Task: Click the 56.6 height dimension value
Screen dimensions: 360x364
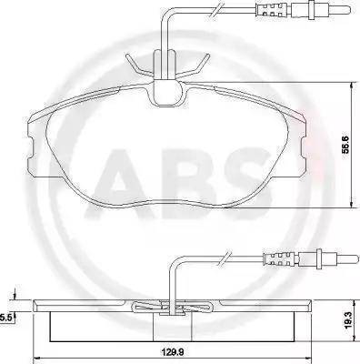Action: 346,145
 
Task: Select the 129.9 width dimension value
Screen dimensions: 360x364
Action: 174,352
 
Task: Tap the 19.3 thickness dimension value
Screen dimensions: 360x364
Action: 349,320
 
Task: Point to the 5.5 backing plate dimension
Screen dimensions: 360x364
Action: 6,318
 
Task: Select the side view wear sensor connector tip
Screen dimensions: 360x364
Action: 351,258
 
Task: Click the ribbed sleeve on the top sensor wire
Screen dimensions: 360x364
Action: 272,10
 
